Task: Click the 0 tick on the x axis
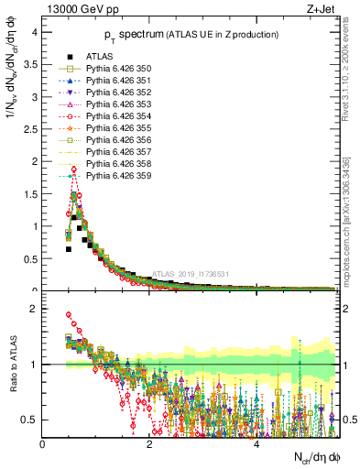point(43,444)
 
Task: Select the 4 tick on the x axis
point(257,444)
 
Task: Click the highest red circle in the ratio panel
point(68,315)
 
